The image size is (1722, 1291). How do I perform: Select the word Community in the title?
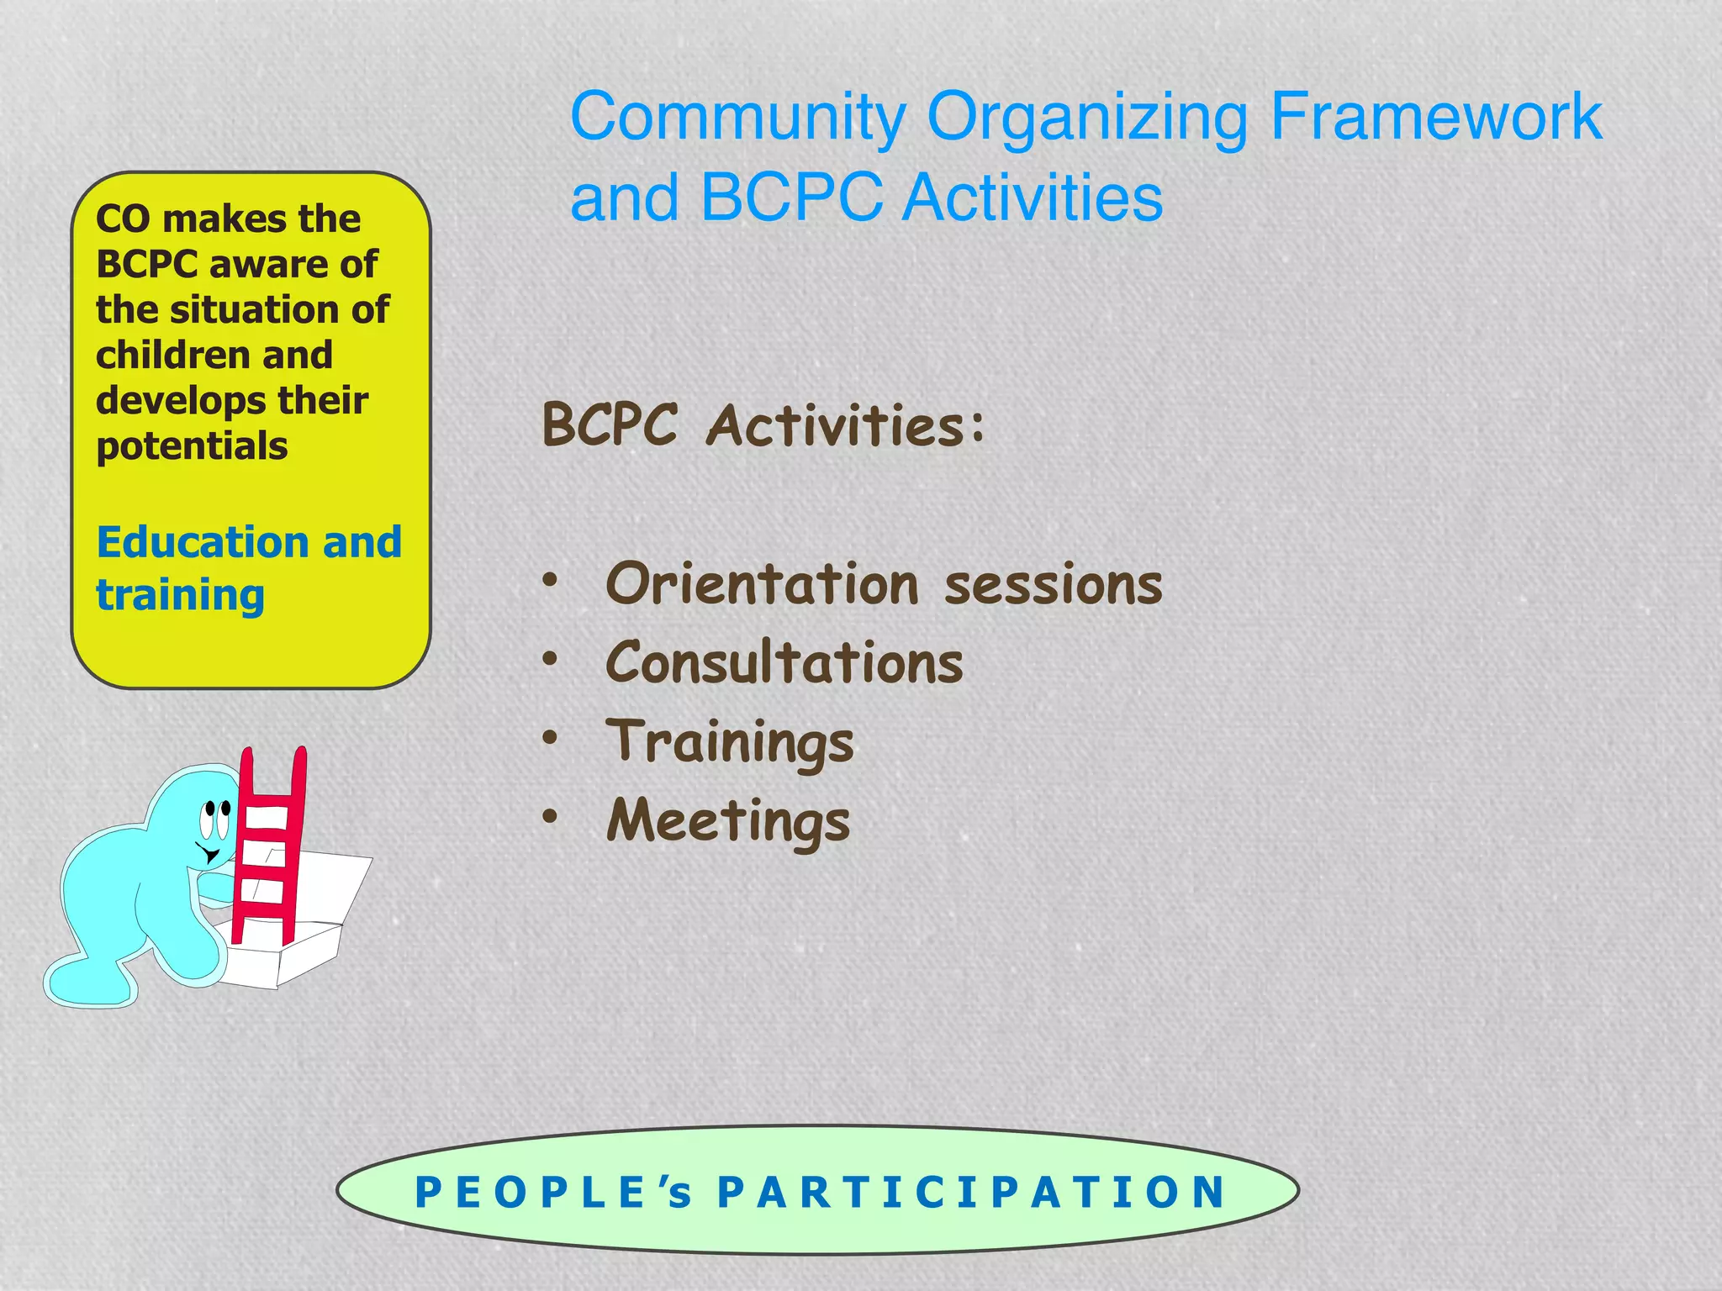point(738,118)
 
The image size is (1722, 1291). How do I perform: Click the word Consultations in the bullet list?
point(784,662)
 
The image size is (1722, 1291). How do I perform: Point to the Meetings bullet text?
point(728,821)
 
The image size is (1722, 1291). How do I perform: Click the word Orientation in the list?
point(762,583)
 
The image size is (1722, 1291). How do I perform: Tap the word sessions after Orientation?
point(1053,585)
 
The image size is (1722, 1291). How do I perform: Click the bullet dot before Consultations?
point(550,658)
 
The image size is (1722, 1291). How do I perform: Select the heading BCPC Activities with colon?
point(763,424)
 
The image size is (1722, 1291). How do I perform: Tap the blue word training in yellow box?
point(180,596)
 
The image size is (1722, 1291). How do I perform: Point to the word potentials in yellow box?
point(192,446)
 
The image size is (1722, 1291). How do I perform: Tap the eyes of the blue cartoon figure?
point(215,819)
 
